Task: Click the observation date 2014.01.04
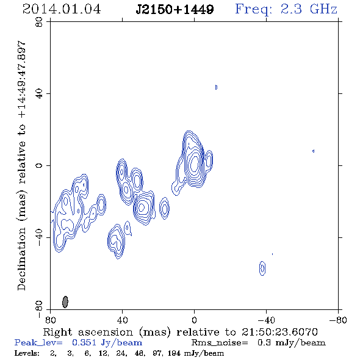(x=62, y=9)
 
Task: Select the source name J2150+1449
(x=175, y=9)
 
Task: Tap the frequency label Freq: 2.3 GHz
(x=286, y=9)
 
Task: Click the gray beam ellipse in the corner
(x=65, y=302)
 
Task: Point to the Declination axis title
(x=21, y=165)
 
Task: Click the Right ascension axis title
(x=180, y=332)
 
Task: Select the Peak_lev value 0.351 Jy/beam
(x=107, y=342)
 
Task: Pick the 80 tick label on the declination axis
(x=39, y=22)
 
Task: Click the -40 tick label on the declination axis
(x=39, y=237)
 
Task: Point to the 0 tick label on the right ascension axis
(x=194, y=320)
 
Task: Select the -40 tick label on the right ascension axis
(x=266, y=320)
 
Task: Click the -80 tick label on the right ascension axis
(x=338, y=320)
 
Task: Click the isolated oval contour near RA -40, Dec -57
(x=262, y=268)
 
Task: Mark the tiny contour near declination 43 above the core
(x=216, y=87)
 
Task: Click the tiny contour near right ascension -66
(x=313, y=151)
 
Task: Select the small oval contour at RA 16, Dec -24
(x=164, y=209)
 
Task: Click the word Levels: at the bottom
(x=27, y=353)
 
